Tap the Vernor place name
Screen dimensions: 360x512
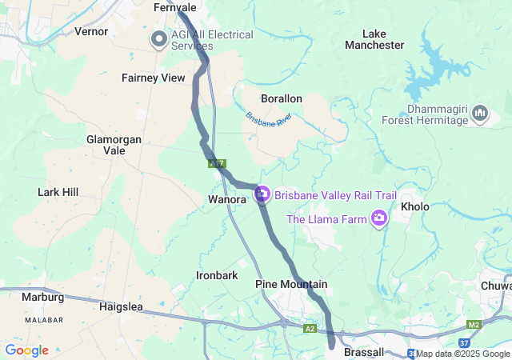tap(90, 31)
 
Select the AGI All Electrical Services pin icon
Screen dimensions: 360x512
tap(159, 38)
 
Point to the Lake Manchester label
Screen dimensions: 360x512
tap(374, 39)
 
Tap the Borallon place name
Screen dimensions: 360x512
tap(281, 98)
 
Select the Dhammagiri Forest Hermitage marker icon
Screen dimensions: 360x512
tap(480, 114)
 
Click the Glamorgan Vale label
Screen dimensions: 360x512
tap(115, 145)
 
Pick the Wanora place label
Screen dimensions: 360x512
tap(226, 198)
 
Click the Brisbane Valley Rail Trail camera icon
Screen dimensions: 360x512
tap(262, 194)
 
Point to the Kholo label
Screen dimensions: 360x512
tap(415, 206)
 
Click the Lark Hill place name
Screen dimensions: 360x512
tap(58, 192)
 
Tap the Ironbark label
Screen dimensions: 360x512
tap(217, 275)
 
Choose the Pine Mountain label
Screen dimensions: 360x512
tap(291, 285)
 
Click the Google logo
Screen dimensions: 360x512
tap(26, 350)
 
